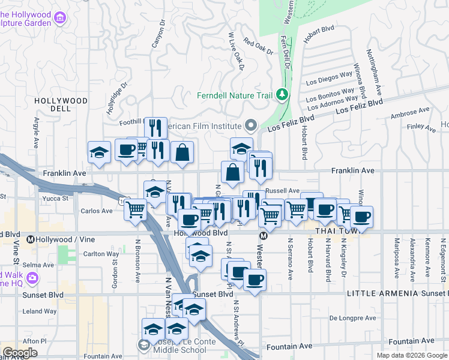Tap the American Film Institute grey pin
(251, 126)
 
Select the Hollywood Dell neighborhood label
(61, 104)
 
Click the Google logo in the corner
(20, 352)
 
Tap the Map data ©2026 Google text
(412, 355)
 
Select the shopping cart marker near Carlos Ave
(136, 210)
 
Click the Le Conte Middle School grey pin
(144, 345)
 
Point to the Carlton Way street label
(100, 254)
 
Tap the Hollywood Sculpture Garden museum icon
(59, 18)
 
